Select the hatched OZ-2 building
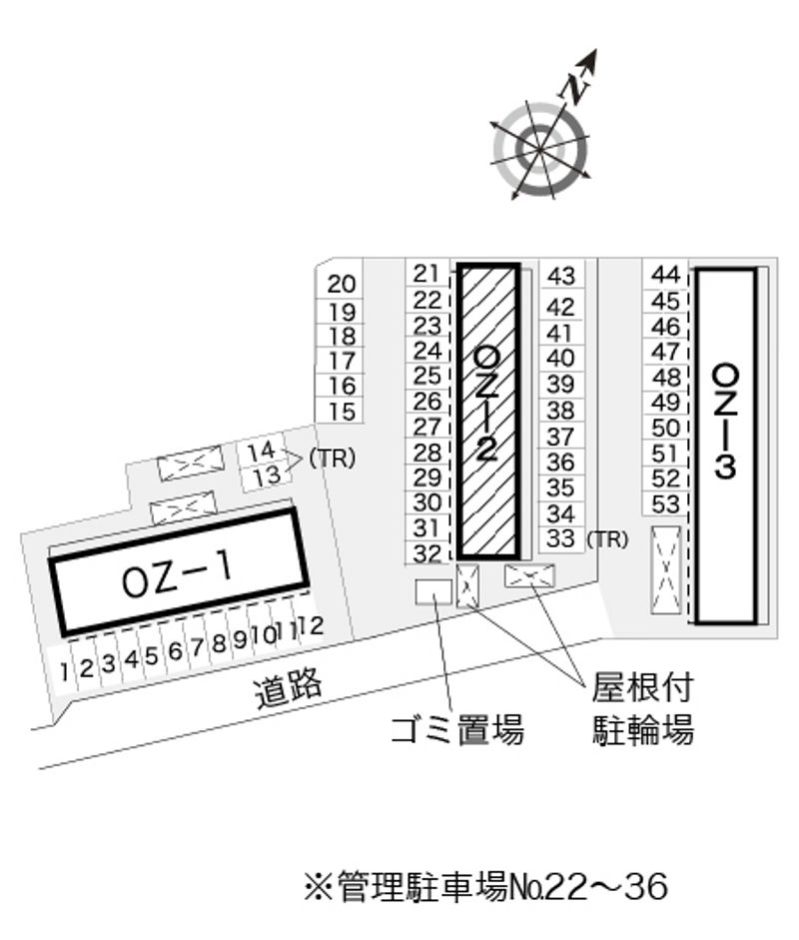[x=488, y=411]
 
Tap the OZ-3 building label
[x=725, y=422]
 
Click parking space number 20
[x=342, y=284]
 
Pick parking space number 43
[x=561, y=276]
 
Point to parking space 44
[x=666, y=275]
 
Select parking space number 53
[x=665, y=504]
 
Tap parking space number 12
[x=311, y=625]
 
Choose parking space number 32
[x=427, y=552]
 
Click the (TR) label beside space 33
[x=607, y=539]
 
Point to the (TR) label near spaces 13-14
[x=332, y=458]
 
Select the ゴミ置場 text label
[x=457, y=729]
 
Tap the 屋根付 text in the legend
[x=642, y=687]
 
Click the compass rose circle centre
[x=540, y=149]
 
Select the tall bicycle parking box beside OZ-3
[x=666, y=570]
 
